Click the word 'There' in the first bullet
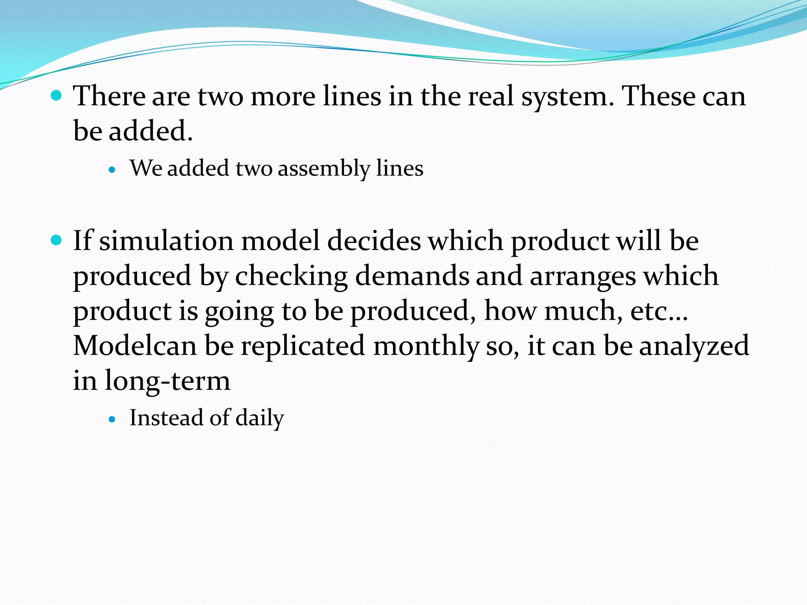[x=109, y=96]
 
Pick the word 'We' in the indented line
[x=145, y=168]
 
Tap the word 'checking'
[x=291, y=277]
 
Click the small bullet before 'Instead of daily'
[x=113, y=420]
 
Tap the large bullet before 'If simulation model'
[x=57, y=240]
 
